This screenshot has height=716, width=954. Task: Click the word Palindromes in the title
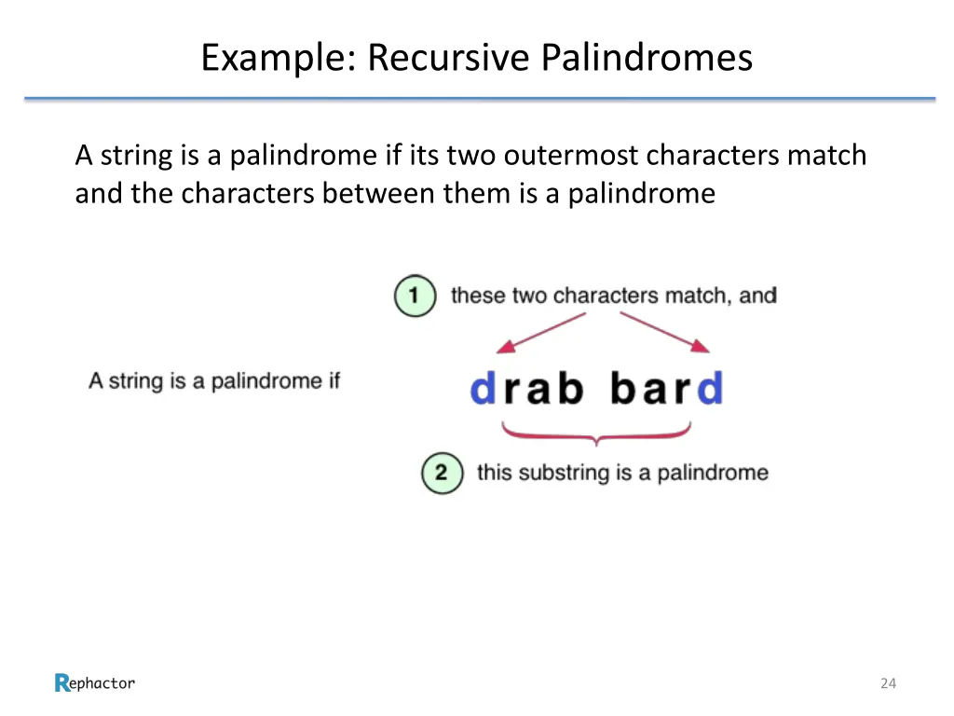[647, 58]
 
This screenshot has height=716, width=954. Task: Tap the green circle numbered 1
[415, 296]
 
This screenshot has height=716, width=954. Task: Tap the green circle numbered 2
[441, 473]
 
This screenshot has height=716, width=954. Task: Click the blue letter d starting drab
[483, 388]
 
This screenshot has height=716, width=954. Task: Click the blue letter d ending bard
[710, 388]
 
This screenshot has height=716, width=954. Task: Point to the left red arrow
[540, 334]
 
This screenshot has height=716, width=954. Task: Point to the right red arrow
[665, 334]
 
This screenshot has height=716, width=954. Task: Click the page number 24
[888, 683]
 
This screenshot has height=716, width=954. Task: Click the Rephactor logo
[94, 683]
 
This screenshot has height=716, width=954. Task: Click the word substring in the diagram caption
[560, 473]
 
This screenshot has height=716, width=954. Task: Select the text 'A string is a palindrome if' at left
[214, 381]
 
